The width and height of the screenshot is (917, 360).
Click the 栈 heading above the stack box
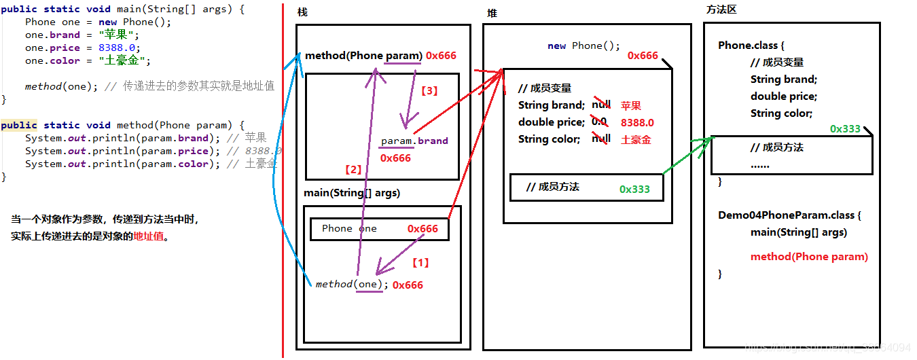(x=302, y=14)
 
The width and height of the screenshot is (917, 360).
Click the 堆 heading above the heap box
(x=492, y=14)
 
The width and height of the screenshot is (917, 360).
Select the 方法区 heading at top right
(x=721, y=10)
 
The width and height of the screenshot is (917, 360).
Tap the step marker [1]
(x=421, y=262)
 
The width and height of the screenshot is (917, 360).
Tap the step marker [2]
(x=354, y=169)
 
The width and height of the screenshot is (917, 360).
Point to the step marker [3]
(x=430, y=90)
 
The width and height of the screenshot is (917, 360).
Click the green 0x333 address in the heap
(x=634, y=190)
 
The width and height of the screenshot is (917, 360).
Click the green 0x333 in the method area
(x=845, y=129)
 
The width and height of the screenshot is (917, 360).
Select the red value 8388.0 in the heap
(x=637, y=123)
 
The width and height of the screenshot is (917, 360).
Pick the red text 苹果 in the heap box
(x=630, y=105)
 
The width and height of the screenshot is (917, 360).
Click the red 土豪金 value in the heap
(x=635, y=139)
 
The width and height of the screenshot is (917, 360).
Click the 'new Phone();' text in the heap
(x=583, y=46)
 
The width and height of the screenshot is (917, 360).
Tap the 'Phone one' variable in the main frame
(x=349, y=229)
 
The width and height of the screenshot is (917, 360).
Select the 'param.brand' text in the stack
(x=414, y=141)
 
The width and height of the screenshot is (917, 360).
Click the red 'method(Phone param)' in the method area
(x=809, y=257)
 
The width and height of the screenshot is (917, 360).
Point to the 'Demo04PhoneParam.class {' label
(x=789, y=215)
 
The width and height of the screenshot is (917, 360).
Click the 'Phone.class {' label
(x=751, y=46)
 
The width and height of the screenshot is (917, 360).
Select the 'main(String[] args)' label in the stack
(x=352, y=193)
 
